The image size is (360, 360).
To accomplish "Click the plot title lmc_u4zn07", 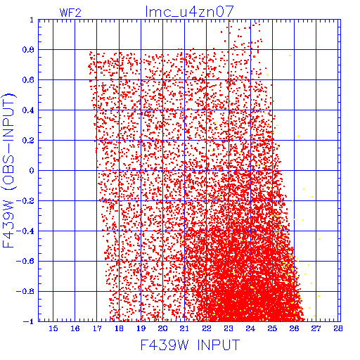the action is click(x=190, y=11).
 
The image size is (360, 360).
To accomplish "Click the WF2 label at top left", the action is click(x=70, y=13).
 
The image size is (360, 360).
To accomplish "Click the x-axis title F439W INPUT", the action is click(x=190, y=345).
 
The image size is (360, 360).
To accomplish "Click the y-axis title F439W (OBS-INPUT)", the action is click(x=8, y=170).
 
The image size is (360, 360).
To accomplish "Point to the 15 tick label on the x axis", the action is click(x=53, y=328).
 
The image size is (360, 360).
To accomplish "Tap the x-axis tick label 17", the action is click(x=97, y=328).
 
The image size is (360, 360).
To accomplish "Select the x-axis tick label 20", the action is click(x=162, y=328).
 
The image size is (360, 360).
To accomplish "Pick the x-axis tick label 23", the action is click(x=229, y=328).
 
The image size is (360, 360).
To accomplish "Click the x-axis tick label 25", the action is click(x=272, y=328).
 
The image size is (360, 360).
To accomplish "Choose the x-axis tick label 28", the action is click(x=337, y=328).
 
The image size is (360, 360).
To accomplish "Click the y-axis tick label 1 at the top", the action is click(x=32, y=20).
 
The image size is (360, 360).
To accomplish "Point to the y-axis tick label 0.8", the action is click(x=28, y=50).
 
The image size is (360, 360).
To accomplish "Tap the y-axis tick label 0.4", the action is click(x=28, y=110).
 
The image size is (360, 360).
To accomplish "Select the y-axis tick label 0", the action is click(x=32, y=170).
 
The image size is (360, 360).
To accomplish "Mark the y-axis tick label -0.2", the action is click(x=25, y=201).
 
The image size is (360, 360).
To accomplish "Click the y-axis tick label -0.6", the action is click(x=25, y=261).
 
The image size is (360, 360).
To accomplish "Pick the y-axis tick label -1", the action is click(x=29, y=321).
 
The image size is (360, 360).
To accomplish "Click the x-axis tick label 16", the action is click(x=75, y=328).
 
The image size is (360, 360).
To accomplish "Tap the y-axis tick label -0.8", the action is click(x=25, y=291).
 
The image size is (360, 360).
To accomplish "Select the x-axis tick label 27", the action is click(x=316, y=328).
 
